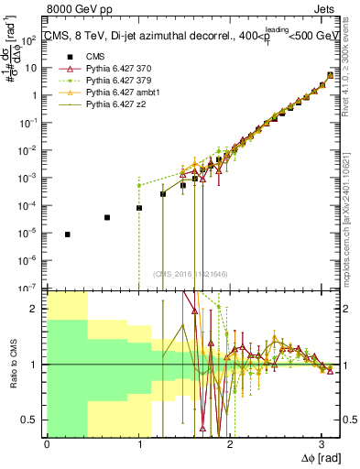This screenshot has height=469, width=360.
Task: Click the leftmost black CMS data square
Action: (67, 234)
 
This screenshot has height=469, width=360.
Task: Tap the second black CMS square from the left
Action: (107, 217)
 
